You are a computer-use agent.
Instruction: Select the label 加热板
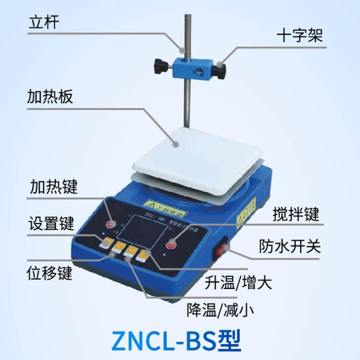(49, 97)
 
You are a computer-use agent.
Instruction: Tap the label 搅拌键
(296, 215)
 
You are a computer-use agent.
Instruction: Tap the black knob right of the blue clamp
(221, 69)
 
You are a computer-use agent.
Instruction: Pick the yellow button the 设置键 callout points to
(107, 243)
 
